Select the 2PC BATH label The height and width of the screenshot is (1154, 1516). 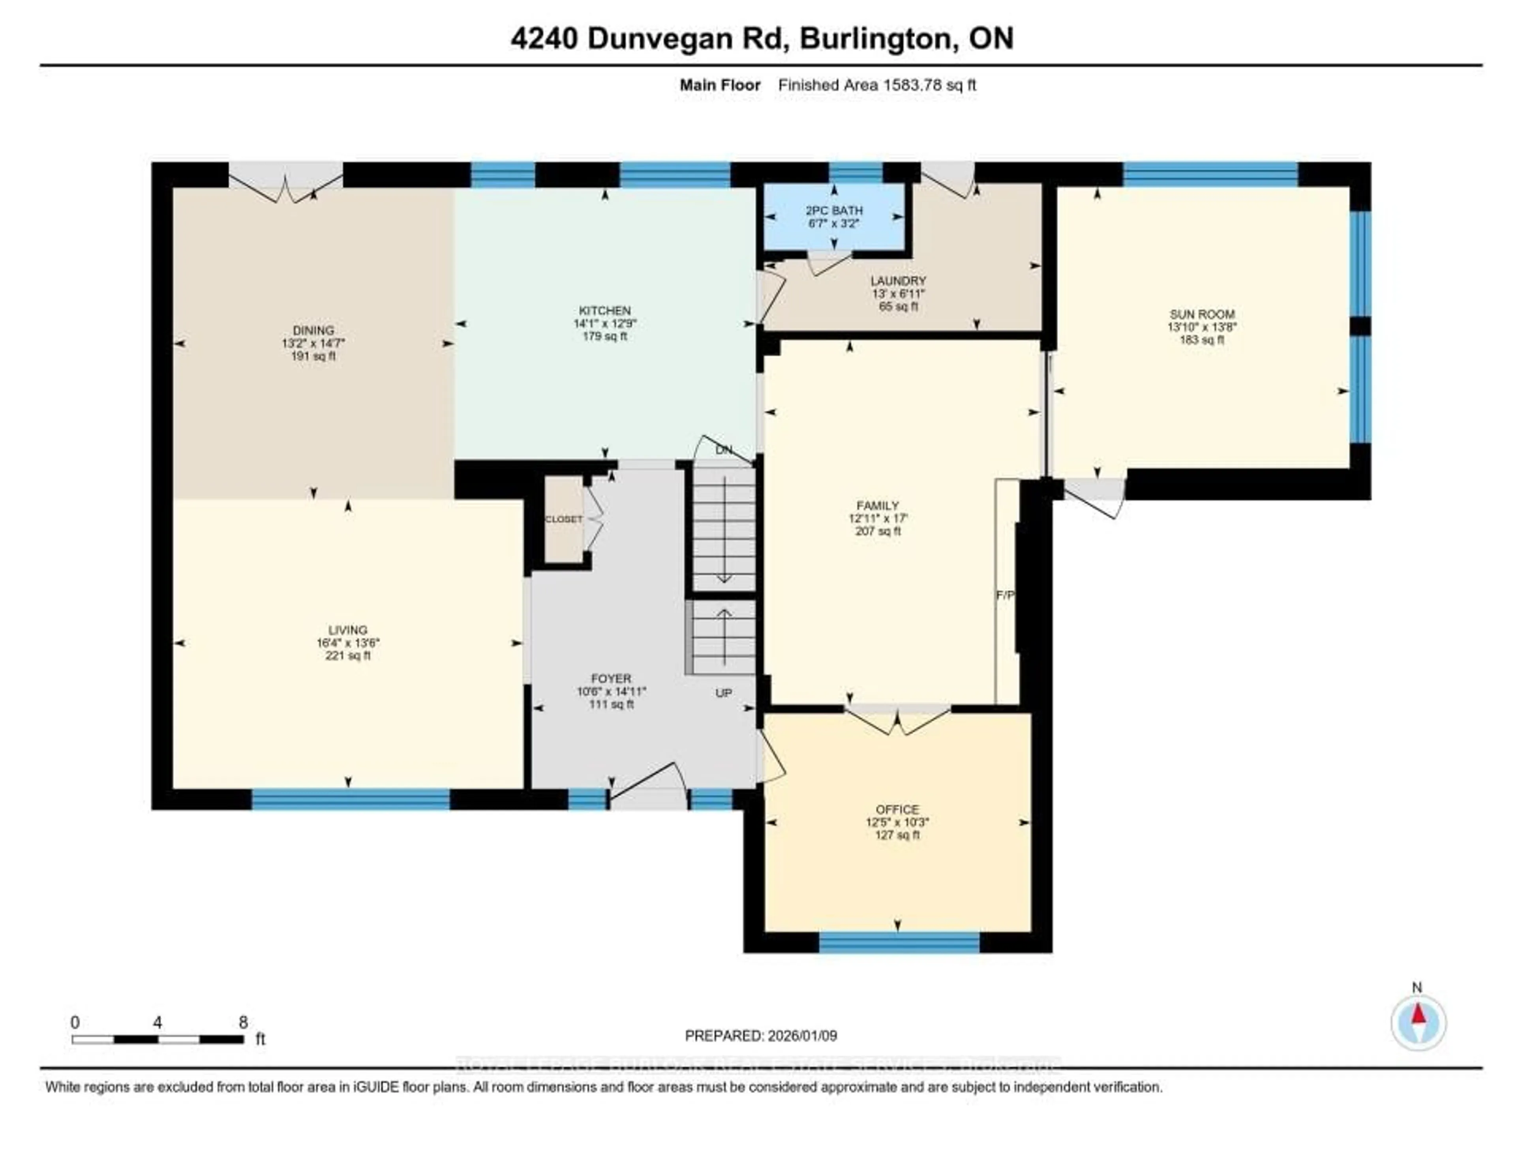[x=834, y=210]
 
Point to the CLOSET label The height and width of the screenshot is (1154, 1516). [x=563, y=519]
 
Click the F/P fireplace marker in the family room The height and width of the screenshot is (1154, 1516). [x=1005, y=595]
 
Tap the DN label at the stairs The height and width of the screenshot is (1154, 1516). [x=723, y=450]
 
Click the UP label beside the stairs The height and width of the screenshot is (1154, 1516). [x=723, y=693]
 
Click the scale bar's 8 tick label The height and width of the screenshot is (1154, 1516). [x=243, y=1022]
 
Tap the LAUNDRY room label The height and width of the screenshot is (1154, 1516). [x=898, y=280]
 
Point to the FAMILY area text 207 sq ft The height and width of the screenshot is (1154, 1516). [x=878, y=531]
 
